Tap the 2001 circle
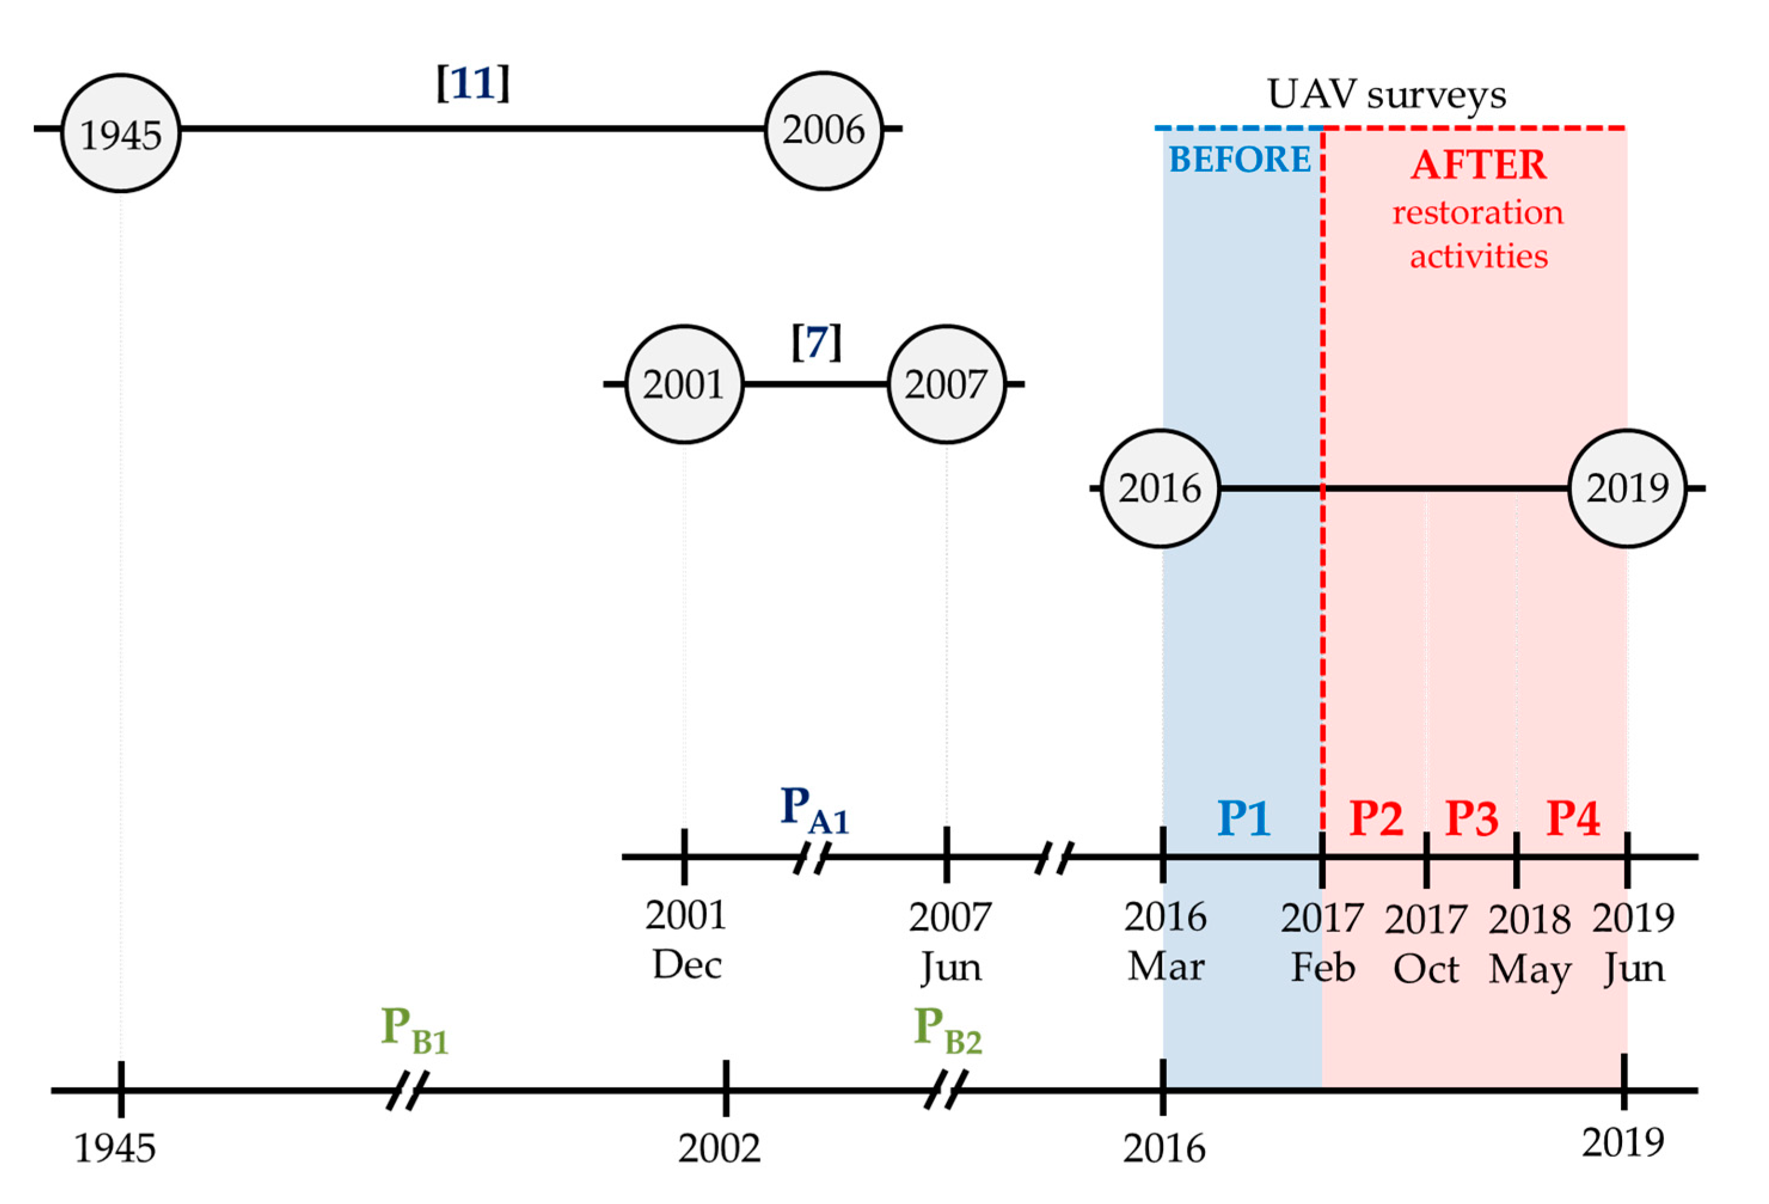(683, 384)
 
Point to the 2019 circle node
(1627, 488)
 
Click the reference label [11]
(472, 83)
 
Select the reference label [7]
(816, 342)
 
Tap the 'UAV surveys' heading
(1385, 95)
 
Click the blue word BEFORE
(1239, 160)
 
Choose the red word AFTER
(1478, 165)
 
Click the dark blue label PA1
(814, 810)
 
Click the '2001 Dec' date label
(686, 940)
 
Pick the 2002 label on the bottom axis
(719, 1148)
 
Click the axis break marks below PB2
(945, 1089)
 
